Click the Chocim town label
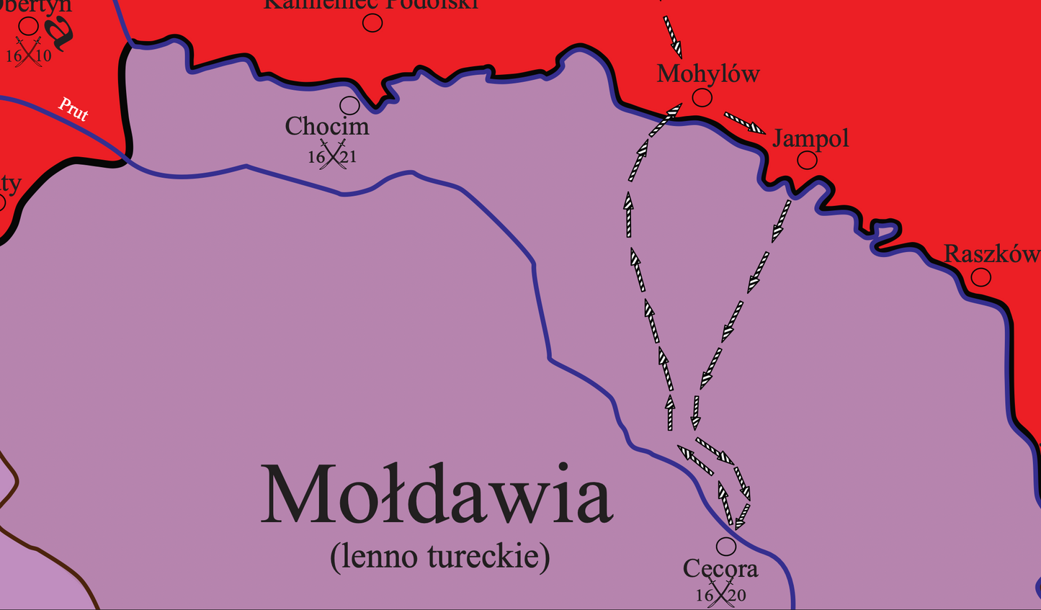[x=327, y=127]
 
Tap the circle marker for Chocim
[x=349, y=105]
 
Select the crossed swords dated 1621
[x=333, y=156]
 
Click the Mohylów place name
[x=708, y=73]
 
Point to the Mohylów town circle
[x=702, y=97]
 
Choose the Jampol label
[x=810, y=138]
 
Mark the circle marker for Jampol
[x=807, y=160]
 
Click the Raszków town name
[x=991, y=254]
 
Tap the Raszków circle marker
[x=980, y=277]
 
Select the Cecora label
[x=720, y=569]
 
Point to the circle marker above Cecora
[x=725, y=546]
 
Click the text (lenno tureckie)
[x=439, y=557]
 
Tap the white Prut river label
[x=73, y=109]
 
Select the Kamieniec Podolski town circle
[x=372, y=23]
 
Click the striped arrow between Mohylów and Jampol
[x=744, y=122]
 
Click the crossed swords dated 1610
[x=29, y=54]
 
